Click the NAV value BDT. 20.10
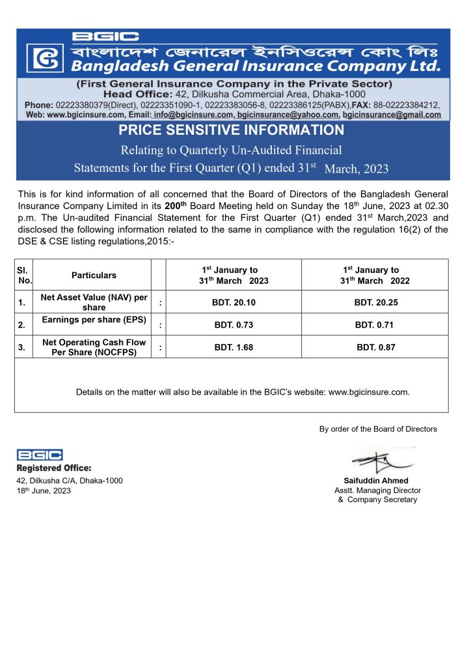234,302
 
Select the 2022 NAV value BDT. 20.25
375,302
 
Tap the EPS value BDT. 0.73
234,324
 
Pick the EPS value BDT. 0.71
375,324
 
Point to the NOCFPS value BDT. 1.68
234,347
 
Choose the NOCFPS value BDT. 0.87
375,347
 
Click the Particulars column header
94,276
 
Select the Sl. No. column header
23,276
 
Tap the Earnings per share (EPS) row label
94,319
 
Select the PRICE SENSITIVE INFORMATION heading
231,130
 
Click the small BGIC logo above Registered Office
40,455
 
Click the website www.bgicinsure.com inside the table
369,392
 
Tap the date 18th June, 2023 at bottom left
44,490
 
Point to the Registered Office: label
54,468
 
